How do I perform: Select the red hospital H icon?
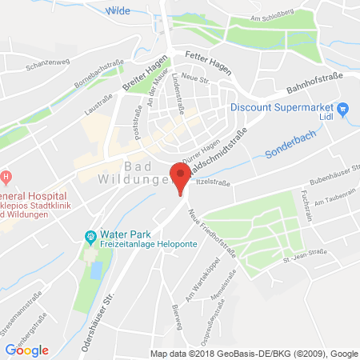coord(5,175)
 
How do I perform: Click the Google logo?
coord(27,350)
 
